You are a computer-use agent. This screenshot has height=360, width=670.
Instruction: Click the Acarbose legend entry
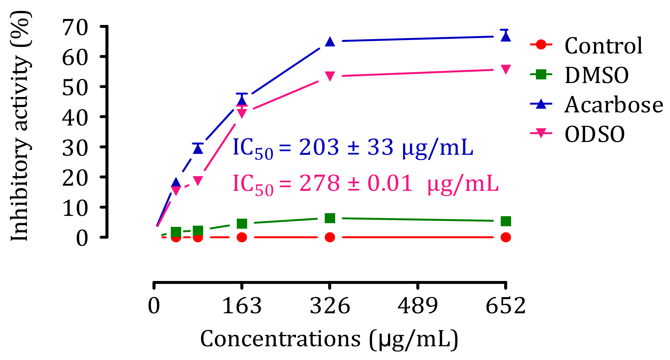613,105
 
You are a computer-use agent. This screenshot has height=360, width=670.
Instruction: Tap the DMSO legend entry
597,75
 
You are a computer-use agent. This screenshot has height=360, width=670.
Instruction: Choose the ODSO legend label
595,134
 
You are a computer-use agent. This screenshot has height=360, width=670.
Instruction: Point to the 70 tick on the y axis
75,28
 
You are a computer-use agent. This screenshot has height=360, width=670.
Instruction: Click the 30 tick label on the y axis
75,148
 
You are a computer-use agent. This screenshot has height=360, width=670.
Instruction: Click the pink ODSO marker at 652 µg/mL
506,69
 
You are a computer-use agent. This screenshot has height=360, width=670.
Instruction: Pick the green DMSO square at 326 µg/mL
330,218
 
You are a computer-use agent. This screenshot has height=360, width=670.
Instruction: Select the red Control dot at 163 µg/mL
242,237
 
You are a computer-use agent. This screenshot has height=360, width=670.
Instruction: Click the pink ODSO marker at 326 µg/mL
330,76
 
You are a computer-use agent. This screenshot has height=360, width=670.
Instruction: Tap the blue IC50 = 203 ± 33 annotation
353,148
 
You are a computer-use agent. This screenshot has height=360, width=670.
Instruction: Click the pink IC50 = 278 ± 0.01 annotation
365,184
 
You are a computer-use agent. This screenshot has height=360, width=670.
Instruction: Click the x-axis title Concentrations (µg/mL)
329,339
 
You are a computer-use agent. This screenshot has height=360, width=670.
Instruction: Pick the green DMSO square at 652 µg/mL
506,221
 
